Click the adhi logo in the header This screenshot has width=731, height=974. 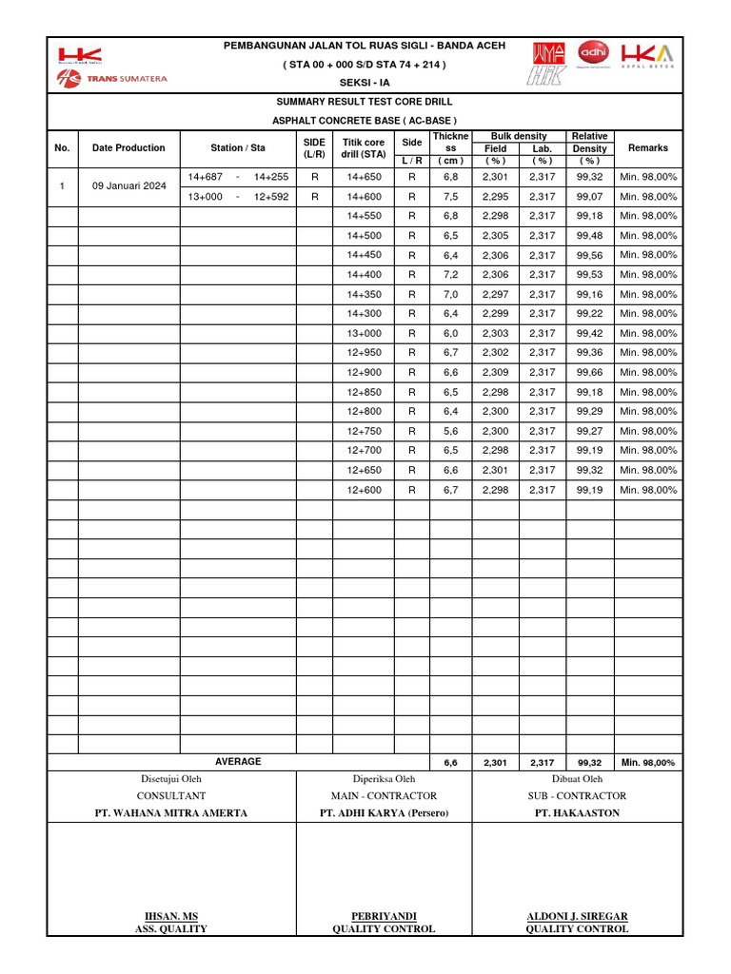[x=594, y=51]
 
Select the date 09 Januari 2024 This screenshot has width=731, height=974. [x=128, y=186]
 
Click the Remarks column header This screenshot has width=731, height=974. [x=647, y=147]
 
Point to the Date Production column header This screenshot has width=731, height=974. [x=128, y=147]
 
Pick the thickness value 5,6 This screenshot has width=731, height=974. [x=450, y=431]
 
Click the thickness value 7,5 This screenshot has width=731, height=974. [x=450, y=197]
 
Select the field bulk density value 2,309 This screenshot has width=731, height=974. [x=495, y=373]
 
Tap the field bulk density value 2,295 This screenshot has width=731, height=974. [x=495, y=197]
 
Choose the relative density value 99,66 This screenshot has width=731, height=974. [x=589, y=373]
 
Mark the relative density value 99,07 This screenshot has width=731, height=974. [x=589, y=197]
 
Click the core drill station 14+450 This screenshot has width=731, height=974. [x=364, y=255]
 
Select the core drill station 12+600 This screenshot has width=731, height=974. [x=364, y=490]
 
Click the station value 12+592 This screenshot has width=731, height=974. [x=271, y=197]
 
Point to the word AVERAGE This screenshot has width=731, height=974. [x=238, y=762]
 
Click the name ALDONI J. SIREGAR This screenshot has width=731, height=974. [x=577, y=916]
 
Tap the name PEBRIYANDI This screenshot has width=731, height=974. [x=384, y=916]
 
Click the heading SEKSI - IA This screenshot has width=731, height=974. [x=365, y=82]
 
